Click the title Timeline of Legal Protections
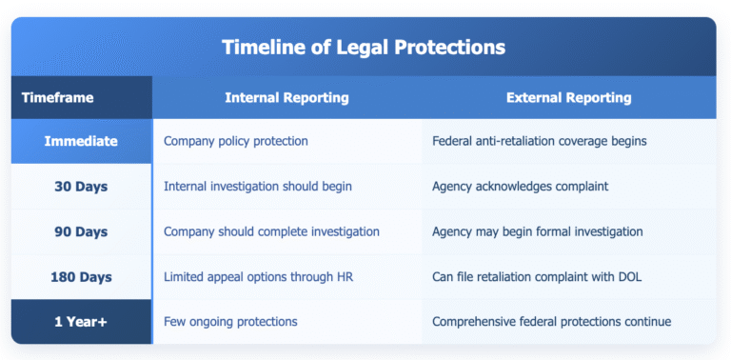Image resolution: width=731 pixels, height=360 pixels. pos(364,47)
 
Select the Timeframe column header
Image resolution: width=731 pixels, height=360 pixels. pos(58,97)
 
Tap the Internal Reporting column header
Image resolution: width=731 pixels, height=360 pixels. pos(286,97)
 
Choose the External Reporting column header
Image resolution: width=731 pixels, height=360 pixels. pos(568,97)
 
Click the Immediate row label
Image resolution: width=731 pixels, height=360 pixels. pos(81,141)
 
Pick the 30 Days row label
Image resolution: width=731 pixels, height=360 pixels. pos(81,186)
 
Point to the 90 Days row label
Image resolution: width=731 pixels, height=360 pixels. pos(81,231)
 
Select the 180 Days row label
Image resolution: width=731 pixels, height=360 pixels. pos(81,277)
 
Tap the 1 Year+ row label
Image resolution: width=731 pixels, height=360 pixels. pos(81,322)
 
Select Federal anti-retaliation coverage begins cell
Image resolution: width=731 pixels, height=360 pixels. pos(539,141)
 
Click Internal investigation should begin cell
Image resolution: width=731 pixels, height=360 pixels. pos(257,186)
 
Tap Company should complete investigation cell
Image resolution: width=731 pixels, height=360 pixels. pos(271,231)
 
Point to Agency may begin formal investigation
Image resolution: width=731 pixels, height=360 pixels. pos(538,231)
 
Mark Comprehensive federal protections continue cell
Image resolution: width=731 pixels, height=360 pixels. pos(551,322)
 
